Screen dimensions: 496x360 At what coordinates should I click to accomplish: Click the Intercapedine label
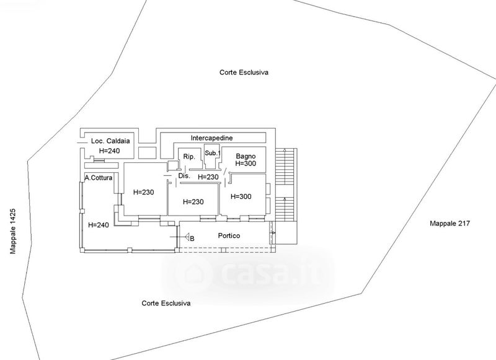pos(211,138)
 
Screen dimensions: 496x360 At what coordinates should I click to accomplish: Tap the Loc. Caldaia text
pos(110,141)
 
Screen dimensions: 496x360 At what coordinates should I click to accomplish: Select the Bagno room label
pos(246,156)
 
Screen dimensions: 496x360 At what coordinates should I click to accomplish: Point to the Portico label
pos(229,235)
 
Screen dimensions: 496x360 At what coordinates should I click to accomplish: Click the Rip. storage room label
pos(189,157)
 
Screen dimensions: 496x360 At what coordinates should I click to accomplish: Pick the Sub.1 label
pos(213,153)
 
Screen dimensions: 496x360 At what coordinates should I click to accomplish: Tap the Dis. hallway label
pos(184,176)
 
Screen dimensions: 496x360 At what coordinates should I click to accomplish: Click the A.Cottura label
pos(99,178)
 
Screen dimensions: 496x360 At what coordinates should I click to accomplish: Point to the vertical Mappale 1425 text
pos(13,231)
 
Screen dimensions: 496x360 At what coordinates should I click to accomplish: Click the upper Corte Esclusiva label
pos(244,72)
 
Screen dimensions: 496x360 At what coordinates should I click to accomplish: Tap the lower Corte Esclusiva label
pos(166,304)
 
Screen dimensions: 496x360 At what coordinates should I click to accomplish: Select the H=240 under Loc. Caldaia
pos(110,151)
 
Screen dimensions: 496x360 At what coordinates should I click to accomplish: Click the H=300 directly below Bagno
pos(246,164)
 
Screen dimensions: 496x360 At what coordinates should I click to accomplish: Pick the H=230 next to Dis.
pos(208,177)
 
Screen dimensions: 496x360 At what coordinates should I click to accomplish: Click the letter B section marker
pos(192,239)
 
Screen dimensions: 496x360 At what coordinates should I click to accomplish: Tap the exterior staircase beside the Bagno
pos(286,185)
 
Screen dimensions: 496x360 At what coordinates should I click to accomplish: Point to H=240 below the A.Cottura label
pos(99,225)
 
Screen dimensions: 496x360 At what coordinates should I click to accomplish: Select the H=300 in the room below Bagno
pos(241,196)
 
